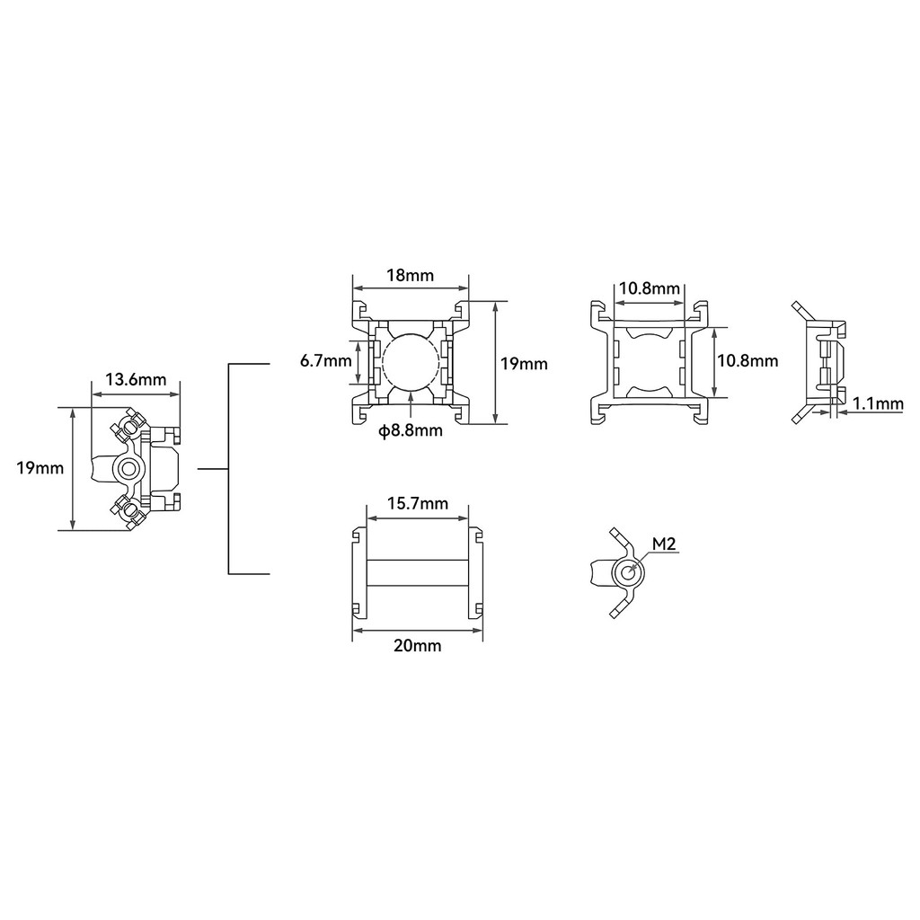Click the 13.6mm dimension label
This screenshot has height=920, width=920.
136,380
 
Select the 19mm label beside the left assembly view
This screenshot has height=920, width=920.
40,468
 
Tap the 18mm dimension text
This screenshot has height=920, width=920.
410,275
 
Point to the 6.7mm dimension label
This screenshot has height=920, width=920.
325,361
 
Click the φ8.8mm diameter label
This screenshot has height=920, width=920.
410,430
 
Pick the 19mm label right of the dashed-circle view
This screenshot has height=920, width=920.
524,364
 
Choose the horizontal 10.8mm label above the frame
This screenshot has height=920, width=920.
650,288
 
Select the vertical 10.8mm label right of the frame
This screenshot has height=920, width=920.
748,360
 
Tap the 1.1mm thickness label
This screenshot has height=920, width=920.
878,403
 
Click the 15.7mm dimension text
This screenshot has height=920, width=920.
418,503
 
